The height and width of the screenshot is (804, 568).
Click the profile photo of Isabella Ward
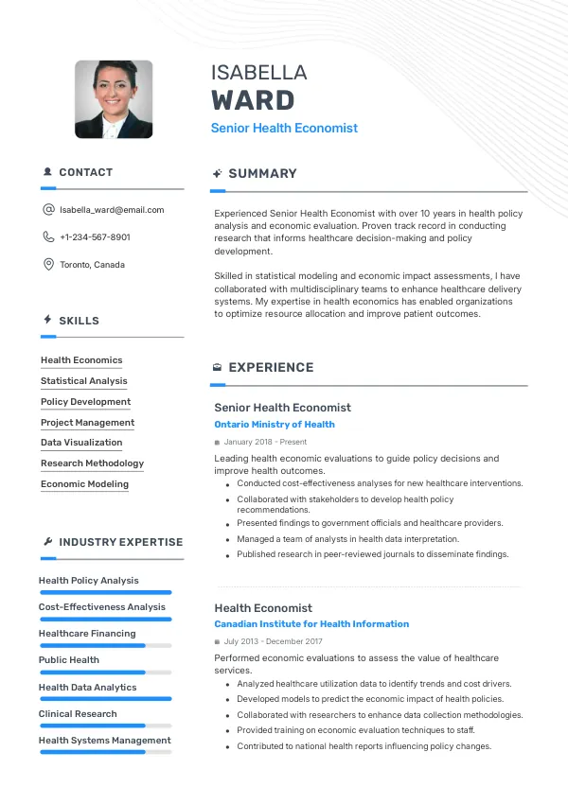(x=114, y=100)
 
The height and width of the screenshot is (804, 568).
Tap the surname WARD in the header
(x=253, y=100)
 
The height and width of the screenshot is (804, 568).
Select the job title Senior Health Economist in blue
(x=284, y=128)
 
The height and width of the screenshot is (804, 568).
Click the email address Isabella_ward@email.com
(x=112, y=210)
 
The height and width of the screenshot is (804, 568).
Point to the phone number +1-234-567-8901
(x=95, y=237)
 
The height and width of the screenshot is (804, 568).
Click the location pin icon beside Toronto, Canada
(x=48, y=265)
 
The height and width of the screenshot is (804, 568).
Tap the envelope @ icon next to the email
(x=48, y=210)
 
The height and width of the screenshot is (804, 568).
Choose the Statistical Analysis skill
(x=83, y=381)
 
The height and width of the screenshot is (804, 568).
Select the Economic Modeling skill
(x=84, y=484)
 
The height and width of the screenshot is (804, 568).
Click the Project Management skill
(x=87, y=423)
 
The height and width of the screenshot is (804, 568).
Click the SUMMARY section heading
(x=262, y=174)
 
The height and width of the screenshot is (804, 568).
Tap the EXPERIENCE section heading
(x=271, y=368)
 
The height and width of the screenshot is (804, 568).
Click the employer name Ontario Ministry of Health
(x=275, y=425)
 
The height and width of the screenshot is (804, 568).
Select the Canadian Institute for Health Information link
(x=311, y=624)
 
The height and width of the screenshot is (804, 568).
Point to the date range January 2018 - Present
(x=265, y=442)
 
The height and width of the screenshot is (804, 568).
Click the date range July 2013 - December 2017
(x=272, y=641)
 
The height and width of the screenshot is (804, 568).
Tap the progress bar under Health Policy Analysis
(x=105, y=592)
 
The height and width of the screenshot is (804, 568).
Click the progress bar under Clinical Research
(x=105, y=725)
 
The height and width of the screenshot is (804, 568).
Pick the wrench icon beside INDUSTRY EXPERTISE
(x=48, y=542)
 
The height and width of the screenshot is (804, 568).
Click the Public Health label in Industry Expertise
(x=69, y=660)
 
